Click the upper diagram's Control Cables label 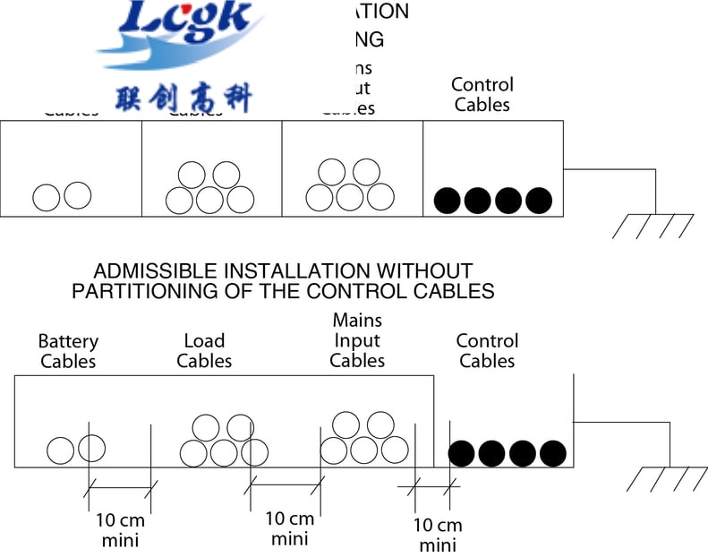pos(482,95)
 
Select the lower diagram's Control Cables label pos(487,351)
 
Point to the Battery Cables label pos(68,351)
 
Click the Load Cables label pos(204,351)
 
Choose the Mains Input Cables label pos(357,340)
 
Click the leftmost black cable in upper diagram pos(447,201)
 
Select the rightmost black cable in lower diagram pos(552,453)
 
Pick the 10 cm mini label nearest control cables pos(438,535)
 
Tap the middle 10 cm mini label pos(290,528)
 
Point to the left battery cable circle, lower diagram pos(61,450)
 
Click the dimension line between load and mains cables pos(286,484)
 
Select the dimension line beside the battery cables pos(121,487)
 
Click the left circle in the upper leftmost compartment pos(47,197)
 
